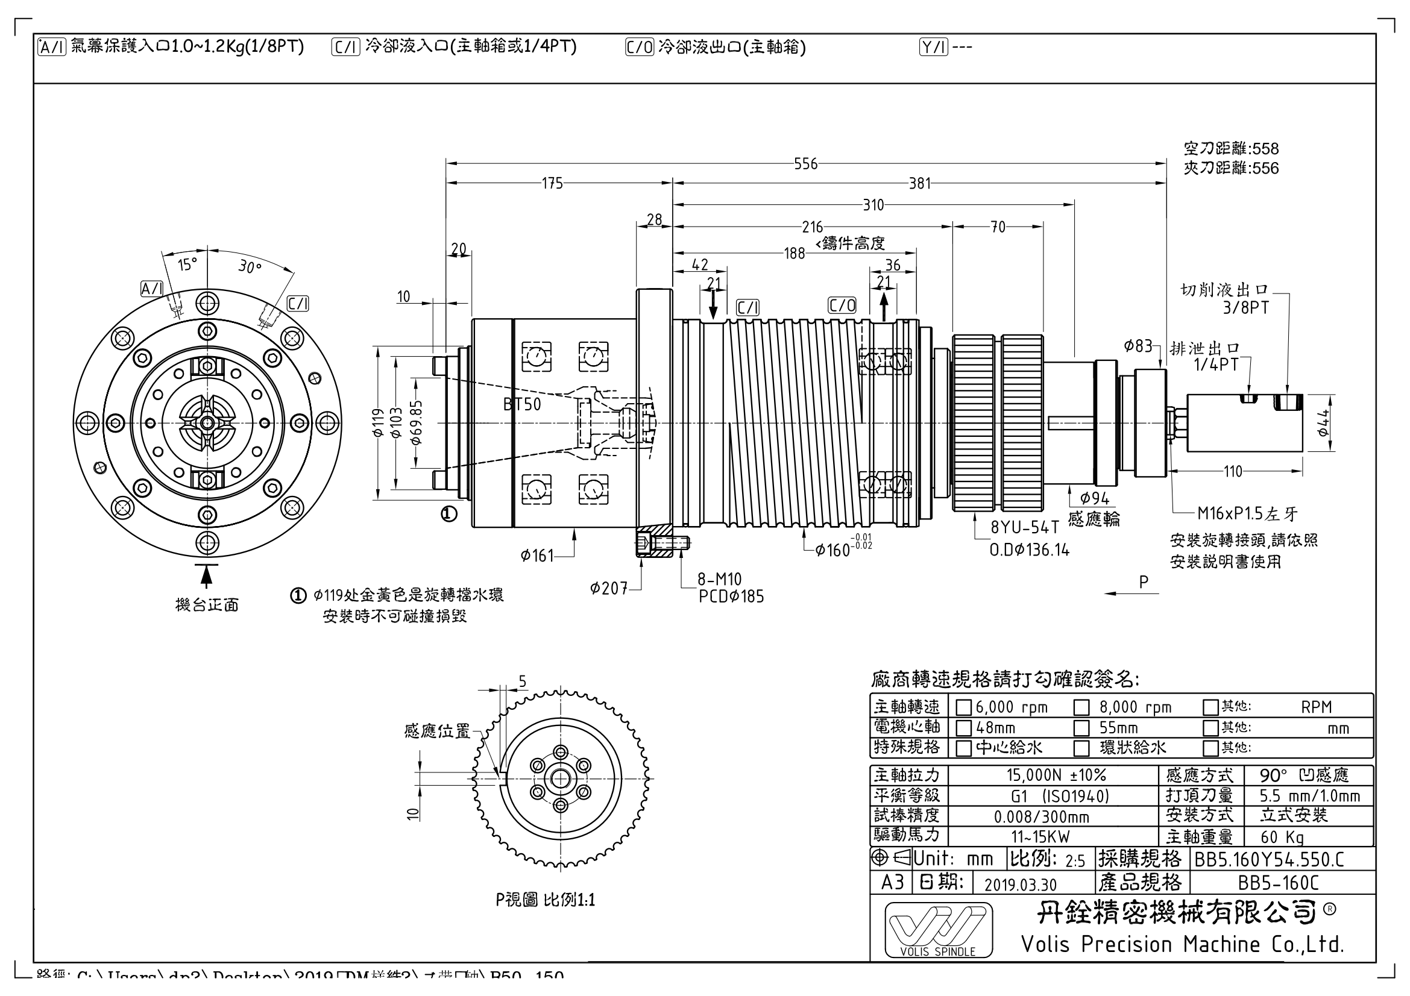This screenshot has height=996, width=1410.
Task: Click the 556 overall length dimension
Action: [805, 164]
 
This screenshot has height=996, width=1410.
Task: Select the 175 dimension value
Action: [552, 184]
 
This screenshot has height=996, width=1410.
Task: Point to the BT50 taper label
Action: [522, 404]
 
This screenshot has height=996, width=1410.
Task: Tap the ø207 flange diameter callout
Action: [609, 589]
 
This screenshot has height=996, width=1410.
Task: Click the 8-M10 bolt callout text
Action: [719, 578]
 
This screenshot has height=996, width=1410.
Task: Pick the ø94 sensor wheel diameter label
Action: [1094, 498]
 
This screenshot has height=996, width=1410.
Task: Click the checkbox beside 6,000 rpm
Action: [963, 707]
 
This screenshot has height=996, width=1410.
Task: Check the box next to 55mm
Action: [1081, 728]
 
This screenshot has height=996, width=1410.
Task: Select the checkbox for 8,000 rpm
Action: [1081, 707]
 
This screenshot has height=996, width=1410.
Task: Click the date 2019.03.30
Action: [1020, 885]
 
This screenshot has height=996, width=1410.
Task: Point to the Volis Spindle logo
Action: [938, 929]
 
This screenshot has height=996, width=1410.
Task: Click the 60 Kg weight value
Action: [1282, 837]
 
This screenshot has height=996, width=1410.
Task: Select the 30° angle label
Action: [250, 267]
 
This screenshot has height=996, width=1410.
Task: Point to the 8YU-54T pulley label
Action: [1025, 527]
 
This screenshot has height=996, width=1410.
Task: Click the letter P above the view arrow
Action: [1143, 581]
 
